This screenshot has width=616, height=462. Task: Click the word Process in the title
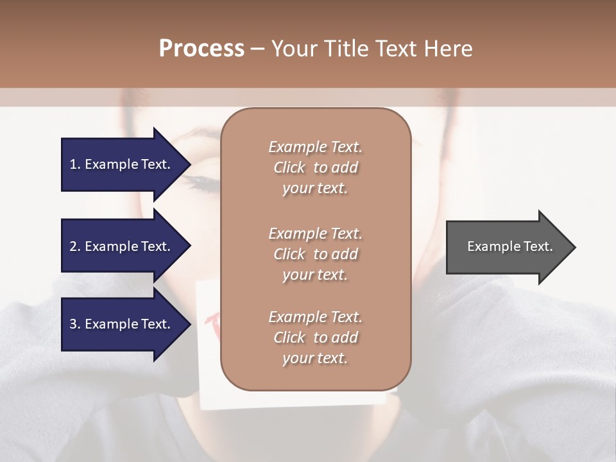coord(201,49)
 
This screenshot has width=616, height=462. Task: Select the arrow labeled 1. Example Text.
coord(122,164)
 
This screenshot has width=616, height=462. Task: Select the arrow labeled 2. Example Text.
coord(122,246)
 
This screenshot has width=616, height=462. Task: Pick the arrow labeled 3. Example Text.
coord(122,324)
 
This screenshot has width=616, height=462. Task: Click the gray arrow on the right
coord(507,246)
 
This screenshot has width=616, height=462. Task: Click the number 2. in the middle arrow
coord(75,246)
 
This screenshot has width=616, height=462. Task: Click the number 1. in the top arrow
coord(75,164)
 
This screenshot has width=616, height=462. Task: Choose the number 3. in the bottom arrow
coord(75,324)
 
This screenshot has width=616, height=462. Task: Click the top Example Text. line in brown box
coord(315,147)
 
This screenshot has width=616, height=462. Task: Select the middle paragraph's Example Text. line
coord(315,234)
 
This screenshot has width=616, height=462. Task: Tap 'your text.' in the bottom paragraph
coord(315,358)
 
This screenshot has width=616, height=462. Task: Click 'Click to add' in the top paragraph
coord(315,167)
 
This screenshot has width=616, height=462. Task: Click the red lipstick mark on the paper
coord(212,319)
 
